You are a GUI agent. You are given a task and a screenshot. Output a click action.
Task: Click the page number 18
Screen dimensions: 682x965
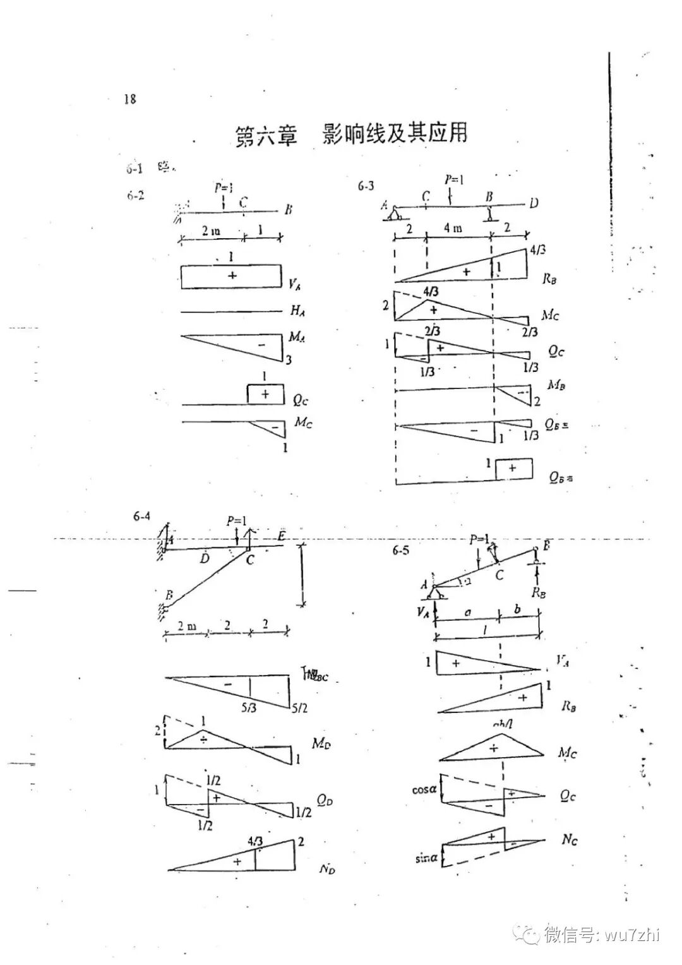click(x=130, y=99)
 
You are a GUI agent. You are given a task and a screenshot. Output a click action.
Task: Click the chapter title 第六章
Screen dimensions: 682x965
click(x=266, y=135)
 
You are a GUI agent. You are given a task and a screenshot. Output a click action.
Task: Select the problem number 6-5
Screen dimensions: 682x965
click(x=400, y=550)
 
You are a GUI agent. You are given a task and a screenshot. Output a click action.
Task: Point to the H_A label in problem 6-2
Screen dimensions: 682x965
click(x=298, y=310)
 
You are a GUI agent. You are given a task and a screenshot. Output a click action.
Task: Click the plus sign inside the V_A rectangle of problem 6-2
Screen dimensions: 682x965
click(x=232, y=276)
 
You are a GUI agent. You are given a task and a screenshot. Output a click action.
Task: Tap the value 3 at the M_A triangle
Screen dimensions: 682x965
click(x=288, y=360)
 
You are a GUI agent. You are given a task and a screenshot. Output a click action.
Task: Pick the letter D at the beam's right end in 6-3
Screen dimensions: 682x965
click(x=534, y=203)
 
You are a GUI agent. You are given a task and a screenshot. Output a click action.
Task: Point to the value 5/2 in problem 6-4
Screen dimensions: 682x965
click(x=299, y=709)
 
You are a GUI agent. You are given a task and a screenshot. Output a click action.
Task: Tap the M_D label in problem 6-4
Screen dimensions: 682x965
click(x=321, y=743)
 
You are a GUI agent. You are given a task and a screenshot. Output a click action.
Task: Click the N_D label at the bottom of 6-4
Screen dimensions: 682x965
click(x=327, y=870)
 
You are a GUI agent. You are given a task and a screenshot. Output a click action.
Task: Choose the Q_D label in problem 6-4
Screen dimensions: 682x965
click(x=325, y=801)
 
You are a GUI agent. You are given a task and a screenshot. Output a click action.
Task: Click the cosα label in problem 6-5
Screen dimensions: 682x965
click(x=424, y=789)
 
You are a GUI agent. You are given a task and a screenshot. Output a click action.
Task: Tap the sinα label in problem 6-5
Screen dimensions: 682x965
click(x=426, y=858)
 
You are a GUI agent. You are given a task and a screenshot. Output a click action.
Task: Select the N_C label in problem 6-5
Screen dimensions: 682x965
click(x=569, y=840)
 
